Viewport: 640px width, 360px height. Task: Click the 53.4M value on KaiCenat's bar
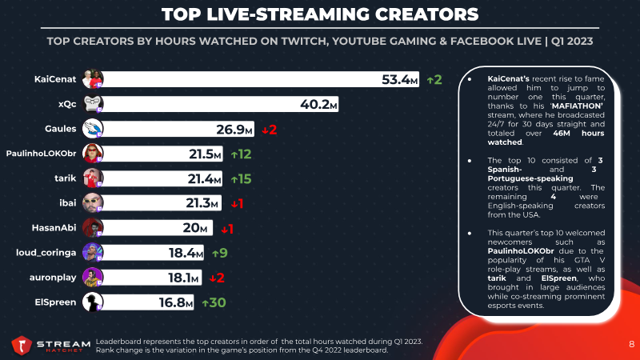(x=399, y=79)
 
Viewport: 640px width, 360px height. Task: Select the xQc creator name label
(x=67, y=104)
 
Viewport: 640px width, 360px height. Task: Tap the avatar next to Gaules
(x=93, y=129)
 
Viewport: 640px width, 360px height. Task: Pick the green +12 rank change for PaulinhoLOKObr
(x=241, y=154)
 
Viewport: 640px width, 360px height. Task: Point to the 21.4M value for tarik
(x=204, y=178)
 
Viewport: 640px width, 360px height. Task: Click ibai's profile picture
(x=93, y=203)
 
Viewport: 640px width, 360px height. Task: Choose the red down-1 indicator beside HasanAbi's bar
(x=227, y=229)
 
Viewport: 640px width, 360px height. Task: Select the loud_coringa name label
(x=46, y=253)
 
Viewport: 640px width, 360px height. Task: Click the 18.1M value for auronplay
(x=183, y=278)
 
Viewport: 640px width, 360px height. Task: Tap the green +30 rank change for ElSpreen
(x=214, y=302)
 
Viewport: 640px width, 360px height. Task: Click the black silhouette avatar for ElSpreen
(x=93, y=302)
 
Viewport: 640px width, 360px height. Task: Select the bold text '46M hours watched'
(x=546, y=138)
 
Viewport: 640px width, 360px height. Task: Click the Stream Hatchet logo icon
(x=22, y=346)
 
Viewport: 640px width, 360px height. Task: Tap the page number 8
(x=631, y=344)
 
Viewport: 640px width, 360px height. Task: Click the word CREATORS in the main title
(x=426, y=14)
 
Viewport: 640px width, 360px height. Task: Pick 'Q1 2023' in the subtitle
(x=572, y=42)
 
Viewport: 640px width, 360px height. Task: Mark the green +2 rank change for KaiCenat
(x=434, y=79)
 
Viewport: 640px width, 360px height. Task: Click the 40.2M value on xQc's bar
(x=318, y=104)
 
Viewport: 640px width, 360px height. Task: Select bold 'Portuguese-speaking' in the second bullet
(x=530, y=178)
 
